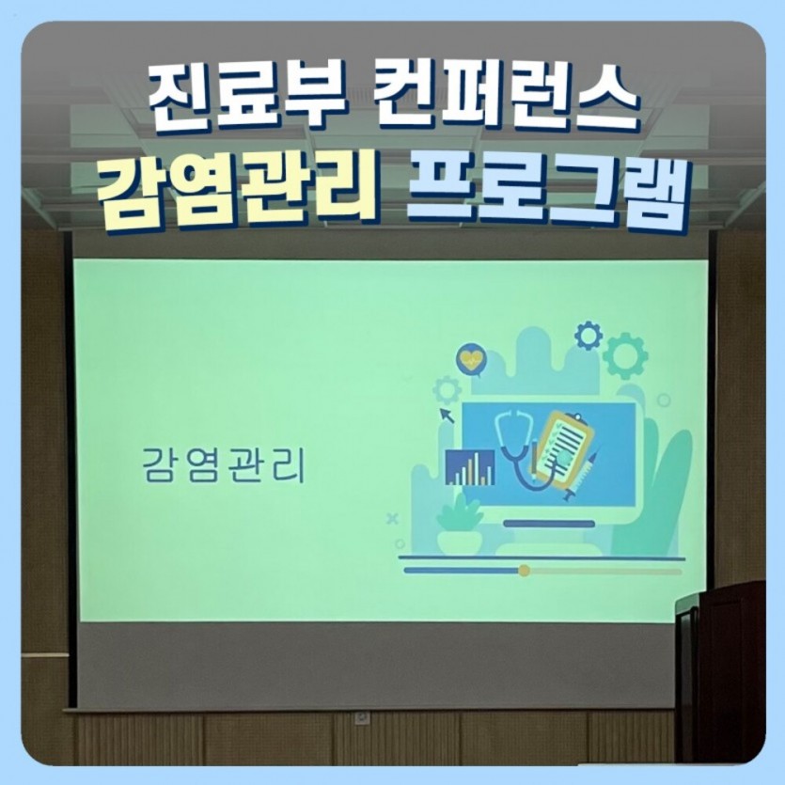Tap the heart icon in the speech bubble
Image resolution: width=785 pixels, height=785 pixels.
[472, 358]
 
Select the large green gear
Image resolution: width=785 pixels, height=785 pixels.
[626, 355]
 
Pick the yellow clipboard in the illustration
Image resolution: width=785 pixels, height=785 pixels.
[567, 448]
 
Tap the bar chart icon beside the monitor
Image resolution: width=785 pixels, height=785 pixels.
[470, 467]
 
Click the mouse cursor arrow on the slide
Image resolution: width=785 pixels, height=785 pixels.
[447, 416]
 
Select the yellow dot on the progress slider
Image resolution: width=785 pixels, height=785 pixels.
[524, 571]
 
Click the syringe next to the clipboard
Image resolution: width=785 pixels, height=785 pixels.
[581, 476]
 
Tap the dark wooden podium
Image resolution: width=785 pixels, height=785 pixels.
[721, 671]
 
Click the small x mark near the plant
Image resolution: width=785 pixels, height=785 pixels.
[393, 519]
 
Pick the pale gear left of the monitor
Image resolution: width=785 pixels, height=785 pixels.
[446, 391]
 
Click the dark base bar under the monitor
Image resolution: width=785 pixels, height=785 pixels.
[549, 525]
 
